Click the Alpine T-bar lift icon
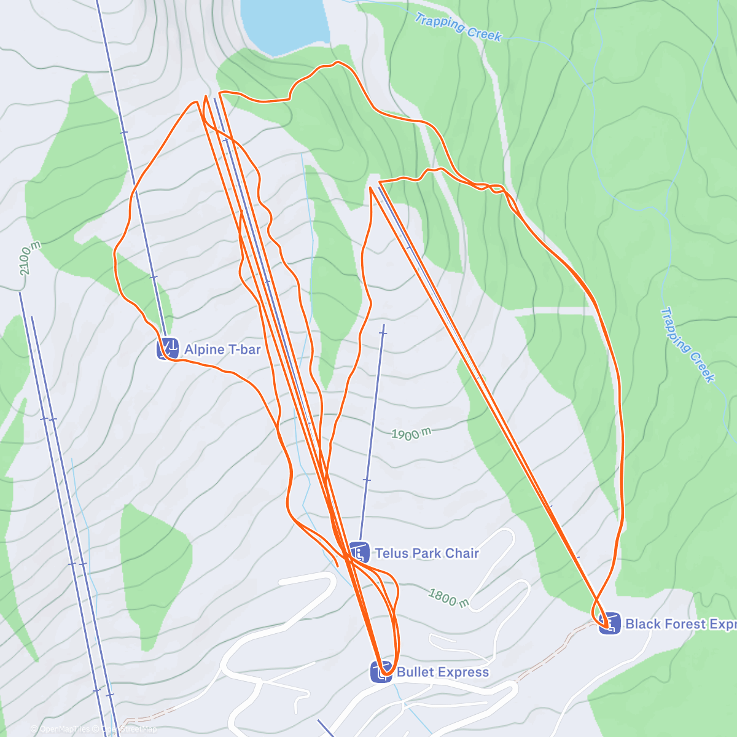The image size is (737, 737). tap(168, 349)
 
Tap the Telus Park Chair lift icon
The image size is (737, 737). tap(359, 553)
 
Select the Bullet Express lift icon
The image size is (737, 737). tap(381, 671)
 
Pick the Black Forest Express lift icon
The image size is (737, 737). tap(610, 623)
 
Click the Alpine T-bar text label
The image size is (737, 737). tap(222, 349)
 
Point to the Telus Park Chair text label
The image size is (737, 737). tap(427, 553)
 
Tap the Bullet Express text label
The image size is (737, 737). tap(443, 672)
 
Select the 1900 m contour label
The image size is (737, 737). tap(411, 434)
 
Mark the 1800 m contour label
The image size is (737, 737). tap(449, 597)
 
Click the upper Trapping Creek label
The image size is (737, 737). tap(458, 28)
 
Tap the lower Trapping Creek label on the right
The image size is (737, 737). tap(688, 345)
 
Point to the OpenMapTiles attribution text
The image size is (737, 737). tap(64, 729)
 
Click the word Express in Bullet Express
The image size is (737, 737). tap(464, 672)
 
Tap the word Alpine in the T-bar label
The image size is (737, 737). tap(205, 349)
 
